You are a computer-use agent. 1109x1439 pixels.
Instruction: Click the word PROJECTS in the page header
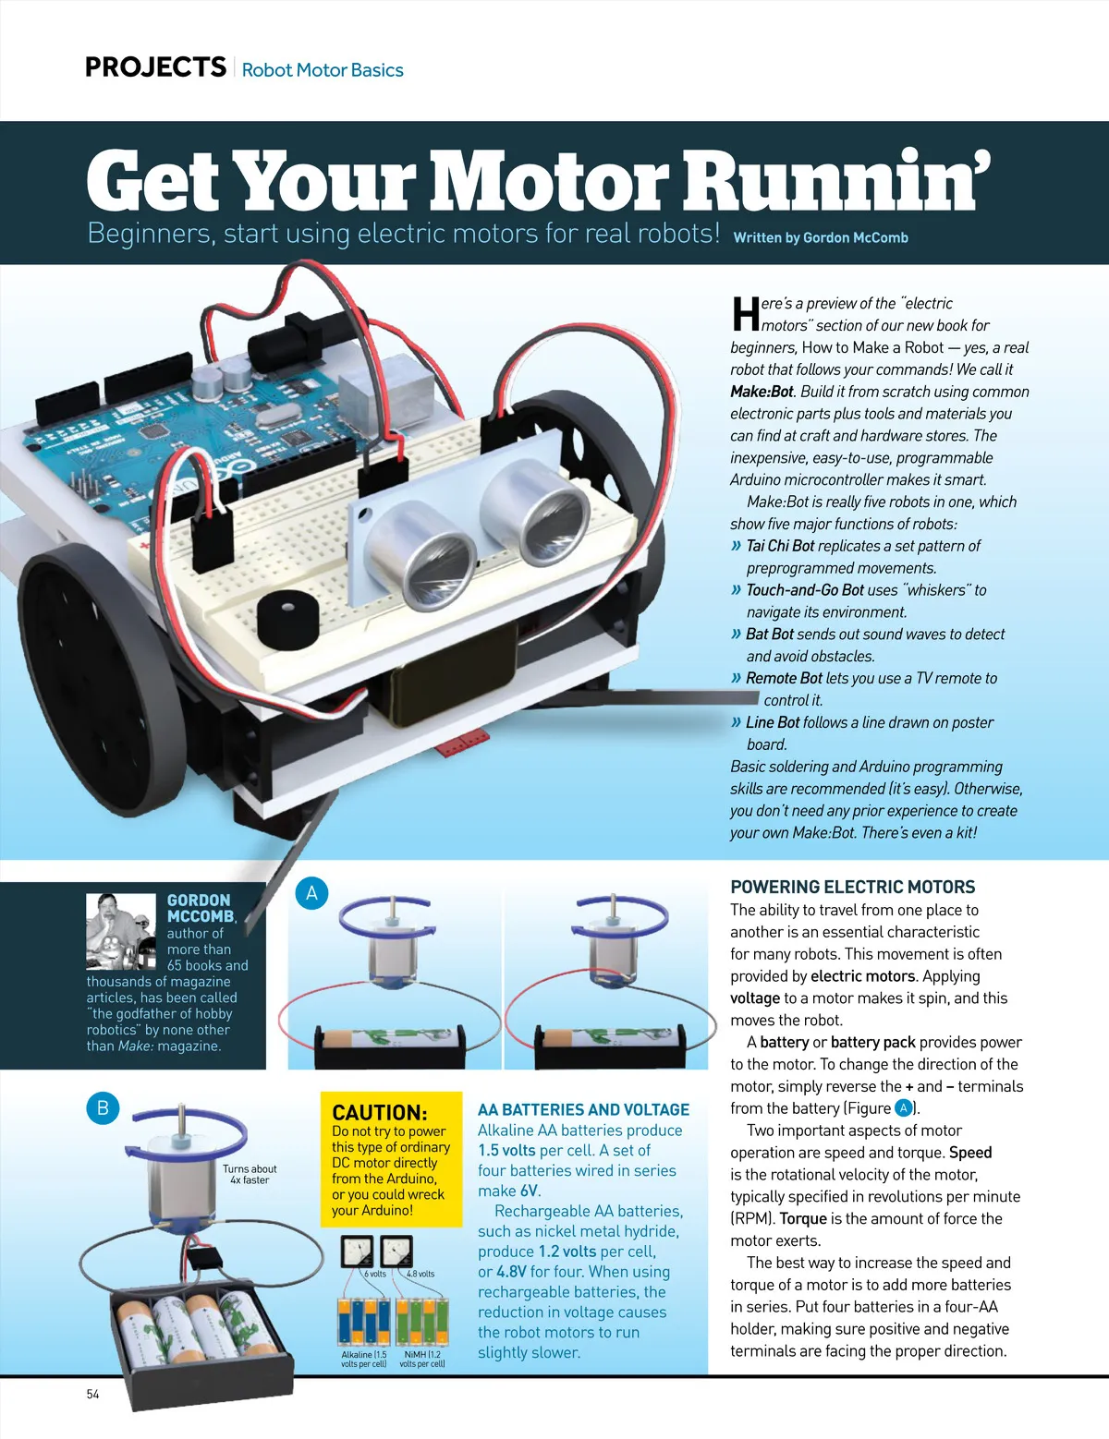(155, 67)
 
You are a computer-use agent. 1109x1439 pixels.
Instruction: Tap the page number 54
(92, 1394)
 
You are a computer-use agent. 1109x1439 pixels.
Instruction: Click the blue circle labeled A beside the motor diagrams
(311, 893)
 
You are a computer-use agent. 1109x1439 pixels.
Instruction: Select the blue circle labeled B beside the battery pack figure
(103, 1108)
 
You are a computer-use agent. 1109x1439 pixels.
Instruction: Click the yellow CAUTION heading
(379, 1112)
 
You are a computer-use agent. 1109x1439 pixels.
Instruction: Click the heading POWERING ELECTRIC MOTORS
(852, 887)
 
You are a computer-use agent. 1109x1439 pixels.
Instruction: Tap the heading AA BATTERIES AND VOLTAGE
(583, 1109)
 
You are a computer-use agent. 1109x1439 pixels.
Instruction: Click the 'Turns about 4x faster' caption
(250, 1174)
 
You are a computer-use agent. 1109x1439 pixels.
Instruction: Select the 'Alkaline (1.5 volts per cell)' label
(364, 1359)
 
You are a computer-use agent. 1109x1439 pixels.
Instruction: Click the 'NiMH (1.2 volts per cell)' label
(422, 1359)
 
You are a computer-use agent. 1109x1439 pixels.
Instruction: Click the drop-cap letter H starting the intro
(745, 314)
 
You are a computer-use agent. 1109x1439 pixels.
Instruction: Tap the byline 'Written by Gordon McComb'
(820, 237)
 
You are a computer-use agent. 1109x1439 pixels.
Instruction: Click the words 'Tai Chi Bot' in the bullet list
(780, 546)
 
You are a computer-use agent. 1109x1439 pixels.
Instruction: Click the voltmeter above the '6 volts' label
(357, 1252)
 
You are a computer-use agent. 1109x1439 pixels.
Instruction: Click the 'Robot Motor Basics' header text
(323, 70)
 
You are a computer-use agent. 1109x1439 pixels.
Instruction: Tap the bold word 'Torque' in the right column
(802, 1218)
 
